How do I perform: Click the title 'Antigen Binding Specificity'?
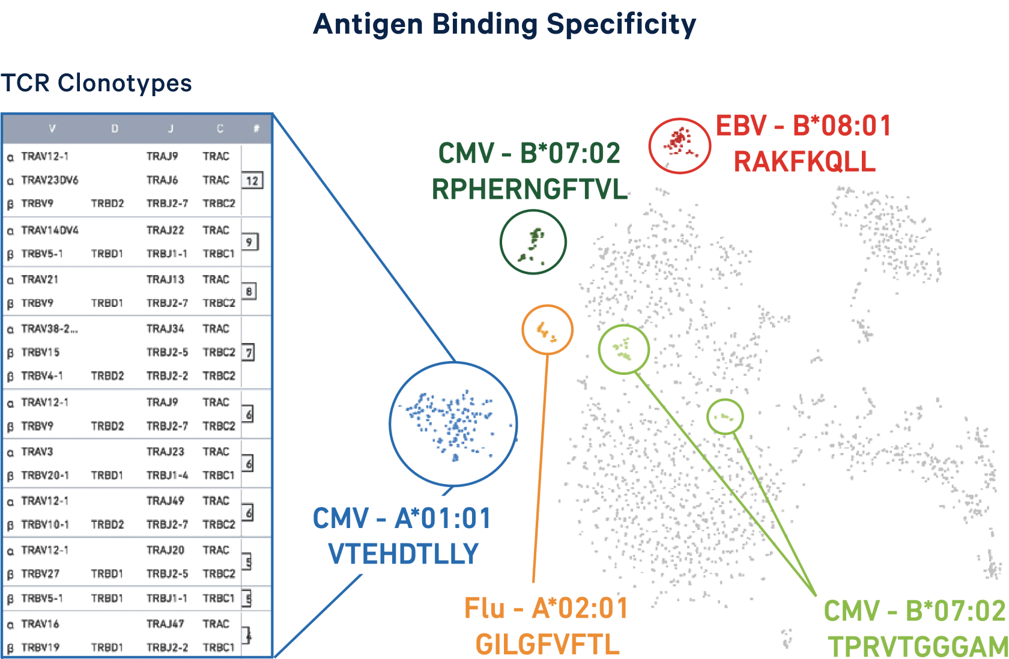504,25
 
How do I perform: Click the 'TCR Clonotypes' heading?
96,83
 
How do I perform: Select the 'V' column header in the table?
52,129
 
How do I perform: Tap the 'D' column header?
115,129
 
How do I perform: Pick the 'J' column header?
171,129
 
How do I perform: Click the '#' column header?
256,129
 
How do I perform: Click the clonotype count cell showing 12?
252,180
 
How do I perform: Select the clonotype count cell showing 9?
249,242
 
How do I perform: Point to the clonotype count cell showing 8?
249,292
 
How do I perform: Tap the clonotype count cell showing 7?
248,352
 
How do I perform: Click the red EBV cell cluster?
679,144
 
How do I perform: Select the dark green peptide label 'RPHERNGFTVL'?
530,190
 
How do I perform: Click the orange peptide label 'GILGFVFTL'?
547,645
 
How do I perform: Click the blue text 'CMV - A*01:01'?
402,518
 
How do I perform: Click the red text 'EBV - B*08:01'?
804,126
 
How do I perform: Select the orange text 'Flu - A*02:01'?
546,609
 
